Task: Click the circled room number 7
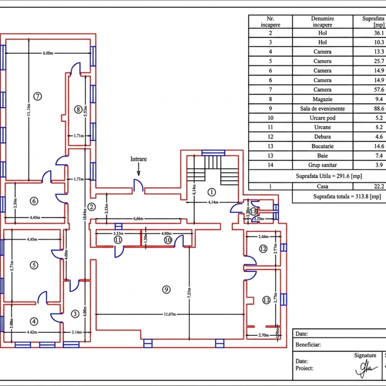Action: click(37, 96)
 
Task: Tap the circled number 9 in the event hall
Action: click(166, 289)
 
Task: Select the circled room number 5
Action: click(33, 265)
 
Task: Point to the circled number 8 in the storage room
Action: click(79, 109)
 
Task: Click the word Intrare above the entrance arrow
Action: click(139, 159)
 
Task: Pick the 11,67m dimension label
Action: click(171, 314)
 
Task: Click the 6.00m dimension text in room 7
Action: click(48, 53)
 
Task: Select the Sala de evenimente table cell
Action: click(323, 109)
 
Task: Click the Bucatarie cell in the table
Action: click(323, 147)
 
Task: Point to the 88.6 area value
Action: click(379, 109)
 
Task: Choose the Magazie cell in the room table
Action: click(323, 99)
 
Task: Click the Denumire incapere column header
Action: click(323, 21)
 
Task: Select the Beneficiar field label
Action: click(308, 344)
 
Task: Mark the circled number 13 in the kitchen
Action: click(266, 300)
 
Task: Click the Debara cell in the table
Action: click(323, 137)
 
